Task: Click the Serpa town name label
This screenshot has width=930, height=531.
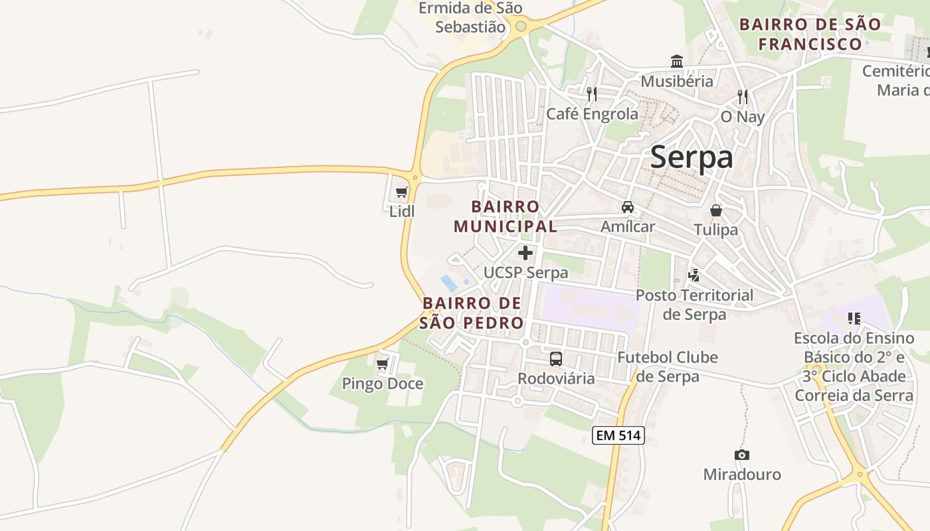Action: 692,157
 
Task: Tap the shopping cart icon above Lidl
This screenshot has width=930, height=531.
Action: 401,192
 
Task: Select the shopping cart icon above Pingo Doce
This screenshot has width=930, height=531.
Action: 382,364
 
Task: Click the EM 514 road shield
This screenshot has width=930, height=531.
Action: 618,435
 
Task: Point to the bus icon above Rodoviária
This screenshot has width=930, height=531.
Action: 556,359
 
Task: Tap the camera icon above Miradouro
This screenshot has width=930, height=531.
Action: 742,455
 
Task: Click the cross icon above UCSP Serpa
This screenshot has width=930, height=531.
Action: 525,253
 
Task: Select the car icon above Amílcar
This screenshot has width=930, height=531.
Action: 628,207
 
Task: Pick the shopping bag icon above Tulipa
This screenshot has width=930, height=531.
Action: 716,210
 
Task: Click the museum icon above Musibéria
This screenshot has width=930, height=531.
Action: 677,62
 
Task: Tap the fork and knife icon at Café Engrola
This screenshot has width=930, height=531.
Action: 592,94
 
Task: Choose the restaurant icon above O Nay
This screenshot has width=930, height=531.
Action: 743,97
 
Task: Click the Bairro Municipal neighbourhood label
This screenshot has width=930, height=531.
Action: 506,216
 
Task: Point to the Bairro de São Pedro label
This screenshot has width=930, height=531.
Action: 472,313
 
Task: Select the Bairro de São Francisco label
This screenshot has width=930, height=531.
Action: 810,35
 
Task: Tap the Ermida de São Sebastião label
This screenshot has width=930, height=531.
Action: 470,17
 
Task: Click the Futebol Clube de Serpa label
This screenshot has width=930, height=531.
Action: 668,367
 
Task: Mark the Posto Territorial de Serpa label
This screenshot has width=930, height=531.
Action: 695,304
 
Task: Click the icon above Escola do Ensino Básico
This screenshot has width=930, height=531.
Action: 854,319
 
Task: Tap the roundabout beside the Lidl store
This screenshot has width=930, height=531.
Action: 415,177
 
